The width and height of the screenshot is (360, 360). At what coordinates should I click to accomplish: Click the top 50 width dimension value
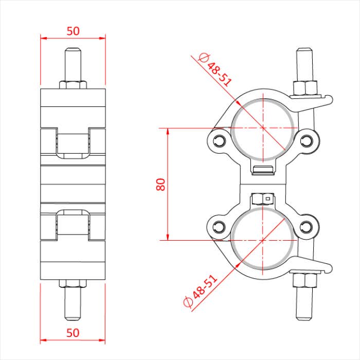tap(73, 30)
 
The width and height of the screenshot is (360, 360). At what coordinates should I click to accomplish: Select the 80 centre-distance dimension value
tap(160, 184)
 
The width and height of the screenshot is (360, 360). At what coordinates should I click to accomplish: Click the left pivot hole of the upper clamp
tap(220, 140)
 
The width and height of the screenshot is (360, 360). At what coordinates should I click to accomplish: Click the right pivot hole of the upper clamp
tap(307, 140)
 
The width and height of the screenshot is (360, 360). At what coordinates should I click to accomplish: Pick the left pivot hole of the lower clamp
tap(220, 226)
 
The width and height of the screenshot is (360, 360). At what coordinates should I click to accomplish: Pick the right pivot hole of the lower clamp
tap(307, 226)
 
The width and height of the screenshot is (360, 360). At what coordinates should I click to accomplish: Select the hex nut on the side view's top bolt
tap(73, 84)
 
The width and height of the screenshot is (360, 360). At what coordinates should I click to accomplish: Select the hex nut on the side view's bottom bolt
tap(73, 283)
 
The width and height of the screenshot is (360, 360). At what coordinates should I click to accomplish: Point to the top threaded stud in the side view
tap(73, 64)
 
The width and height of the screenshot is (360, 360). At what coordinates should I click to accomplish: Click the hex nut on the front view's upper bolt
tap(304, 88)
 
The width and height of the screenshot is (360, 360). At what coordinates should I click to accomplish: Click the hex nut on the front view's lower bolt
tap(304, 280)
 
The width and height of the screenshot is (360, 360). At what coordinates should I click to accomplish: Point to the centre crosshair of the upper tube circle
tap(263, 127)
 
